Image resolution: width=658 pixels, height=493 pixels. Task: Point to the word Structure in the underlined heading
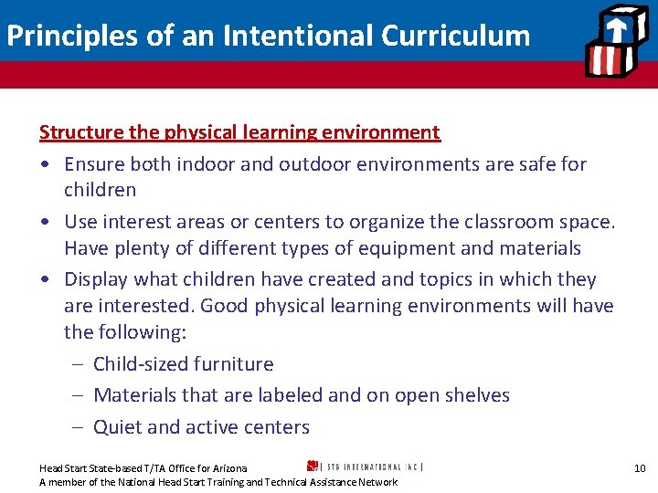[81, 132]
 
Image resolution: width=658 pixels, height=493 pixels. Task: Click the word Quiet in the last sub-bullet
[117, 427]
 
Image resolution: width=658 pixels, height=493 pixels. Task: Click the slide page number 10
[640, 468]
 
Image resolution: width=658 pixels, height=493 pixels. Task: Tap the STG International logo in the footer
[365, 466]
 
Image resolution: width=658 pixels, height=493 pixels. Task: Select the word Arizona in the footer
[228, 468]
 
